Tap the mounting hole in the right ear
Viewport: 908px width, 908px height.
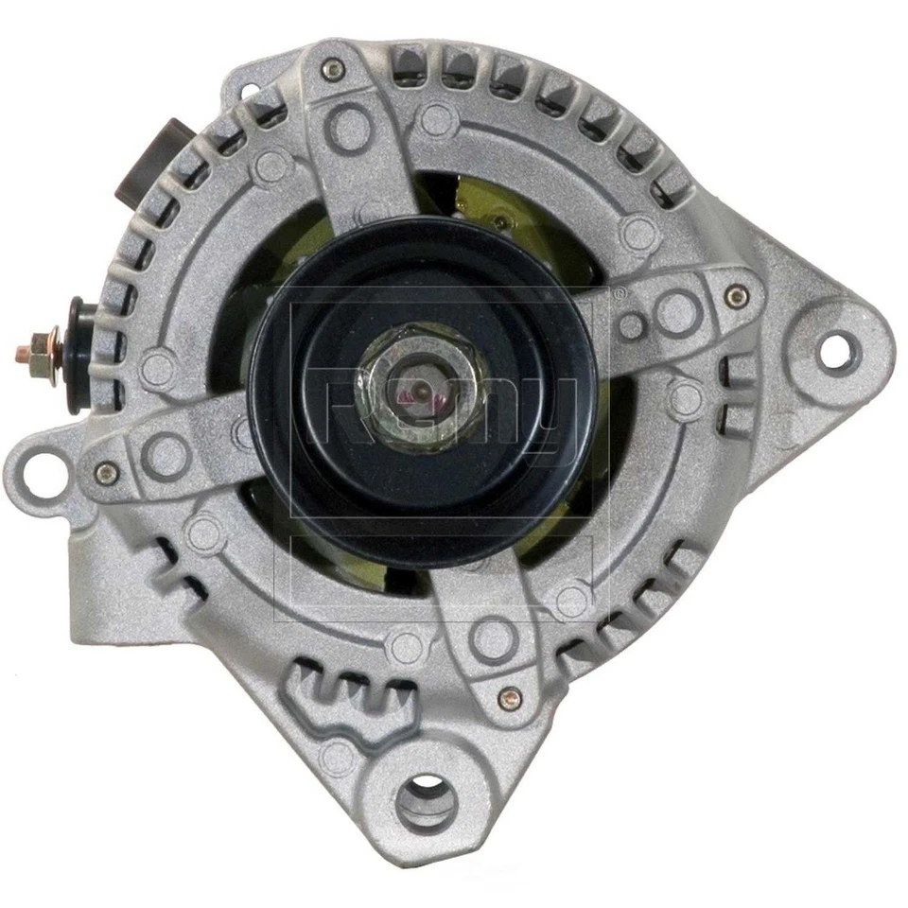831,351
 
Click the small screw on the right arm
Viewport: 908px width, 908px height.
734,297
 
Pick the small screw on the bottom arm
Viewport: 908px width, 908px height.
512,697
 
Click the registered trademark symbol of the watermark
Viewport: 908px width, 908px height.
619,296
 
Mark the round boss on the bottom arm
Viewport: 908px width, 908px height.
492,639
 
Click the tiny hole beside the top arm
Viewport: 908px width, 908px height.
436,119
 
